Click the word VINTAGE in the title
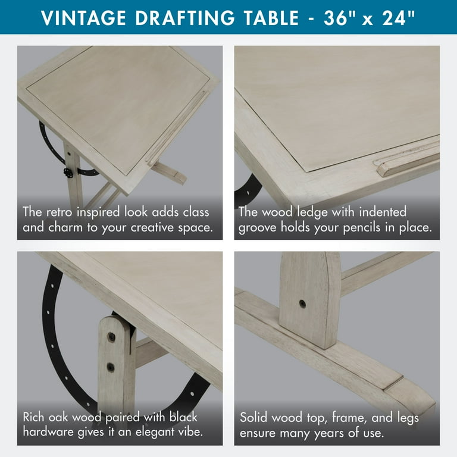point(84,18)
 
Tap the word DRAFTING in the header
point(185,18)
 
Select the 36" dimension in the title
point(340,17)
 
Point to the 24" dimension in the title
point(398,17)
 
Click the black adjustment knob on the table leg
point(68,172)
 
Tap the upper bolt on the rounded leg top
point(111,337)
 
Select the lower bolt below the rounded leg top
point(111,367)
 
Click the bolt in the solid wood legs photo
point(302,304)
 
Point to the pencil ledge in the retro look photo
point(177,128)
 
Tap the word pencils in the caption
point(362,228)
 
